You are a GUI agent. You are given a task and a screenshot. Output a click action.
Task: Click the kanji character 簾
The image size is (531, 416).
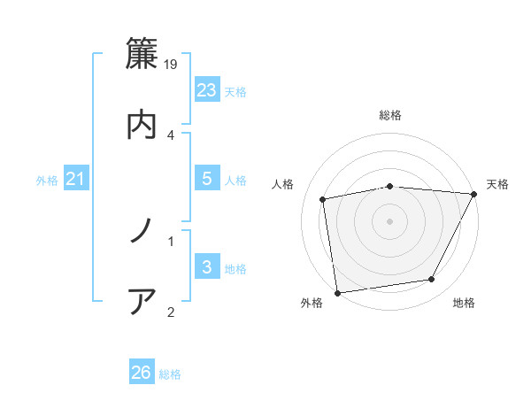pos(142,54)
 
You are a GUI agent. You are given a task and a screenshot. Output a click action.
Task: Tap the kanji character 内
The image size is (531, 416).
pos(142,123)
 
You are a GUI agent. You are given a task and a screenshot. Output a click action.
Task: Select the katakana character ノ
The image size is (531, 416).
pos(142,231)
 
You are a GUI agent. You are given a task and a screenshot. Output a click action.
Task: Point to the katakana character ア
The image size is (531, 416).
pos(142,301)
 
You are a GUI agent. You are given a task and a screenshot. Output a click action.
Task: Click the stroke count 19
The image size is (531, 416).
pos(172,65)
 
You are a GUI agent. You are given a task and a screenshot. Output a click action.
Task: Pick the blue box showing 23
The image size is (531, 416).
pos(206,89)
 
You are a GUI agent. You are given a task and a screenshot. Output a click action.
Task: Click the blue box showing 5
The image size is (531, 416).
pos(206,179)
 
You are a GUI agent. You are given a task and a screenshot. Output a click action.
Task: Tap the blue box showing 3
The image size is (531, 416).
pos(206,266)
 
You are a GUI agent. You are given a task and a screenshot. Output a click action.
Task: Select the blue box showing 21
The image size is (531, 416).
pos(75,179)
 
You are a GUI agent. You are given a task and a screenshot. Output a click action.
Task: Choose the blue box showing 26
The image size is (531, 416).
pos(141,373)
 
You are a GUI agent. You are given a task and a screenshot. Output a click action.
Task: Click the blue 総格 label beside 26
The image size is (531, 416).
pos(170,374)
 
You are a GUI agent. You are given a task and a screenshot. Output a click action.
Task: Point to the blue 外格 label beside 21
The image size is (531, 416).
pos(47,181)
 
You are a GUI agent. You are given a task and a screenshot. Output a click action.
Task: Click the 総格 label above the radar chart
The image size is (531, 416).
pos(390,115)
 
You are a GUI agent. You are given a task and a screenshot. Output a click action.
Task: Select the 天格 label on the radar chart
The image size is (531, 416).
pos(498,184)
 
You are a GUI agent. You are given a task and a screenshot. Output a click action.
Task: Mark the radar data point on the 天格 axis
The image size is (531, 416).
pos(474,194)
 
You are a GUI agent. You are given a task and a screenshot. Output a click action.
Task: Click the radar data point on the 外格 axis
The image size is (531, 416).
pos(337,292)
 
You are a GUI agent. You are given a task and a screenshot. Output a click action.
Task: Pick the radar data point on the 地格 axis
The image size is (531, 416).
pos(432,280)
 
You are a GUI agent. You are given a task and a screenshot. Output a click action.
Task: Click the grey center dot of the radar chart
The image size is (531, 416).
pos(390,221)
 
